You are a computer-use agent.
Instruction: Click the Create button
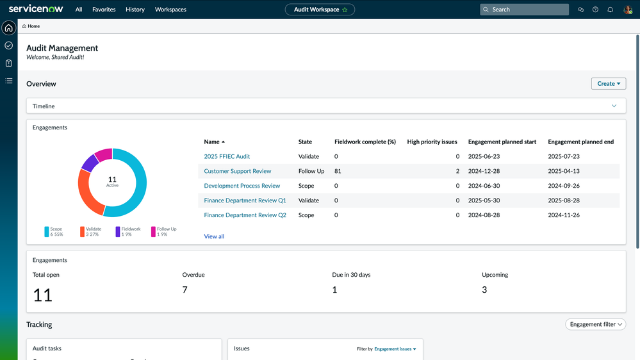click(x=608, y=84)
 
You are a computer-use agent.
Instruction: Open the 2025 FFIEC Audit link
click(x=227, y=156)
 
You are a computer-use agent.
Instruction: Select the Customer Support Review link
click(x=237, y=171)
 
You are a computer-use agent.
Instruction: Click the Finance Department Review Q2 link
click(x=245, y=215)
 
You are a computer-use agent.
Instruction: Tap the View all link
click(x=214, y=236)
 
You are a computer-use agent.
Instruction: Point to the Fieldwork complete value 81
click(x=338, y=171)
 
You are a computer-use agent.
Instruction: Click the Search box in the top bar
click(x=525, y=10)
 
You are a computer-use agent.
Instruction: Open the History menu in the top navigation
click(x=135, y=10)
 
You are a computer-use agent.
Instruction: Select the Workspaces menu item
click(x=170, y=10)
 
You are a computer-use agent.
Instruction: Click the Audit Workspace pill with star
click(x=320, y=10)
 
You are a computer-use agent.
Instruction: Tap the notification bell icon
click(x=610, y=10)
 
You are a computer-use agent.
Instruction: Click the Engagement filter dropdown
click(x=595, y=324)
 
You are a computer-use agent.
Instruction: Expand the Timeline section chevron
click(x=614, y=106)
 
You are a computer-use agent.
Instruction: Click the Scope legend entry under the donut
click(x=55, y=231)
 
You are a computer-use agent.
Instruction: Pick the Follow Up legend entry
click(x=164, y=231)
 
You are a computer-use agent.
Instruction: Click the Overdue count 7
click(x=185, y=290)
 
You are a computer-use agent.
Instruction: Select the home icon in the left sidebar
click(x=9, y=28)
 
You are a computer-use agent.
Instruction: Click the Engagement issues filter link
click(x=395, y=349)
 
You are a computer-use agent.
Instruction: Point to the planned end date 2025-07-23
click(x=563, y=156)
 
